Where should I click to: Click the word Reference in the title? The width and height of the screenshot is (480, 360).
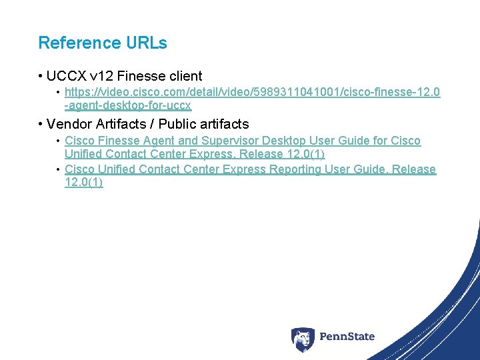click(70, 43)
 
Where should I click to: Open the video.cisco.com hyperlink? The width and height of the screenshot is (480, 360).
click(252, 92)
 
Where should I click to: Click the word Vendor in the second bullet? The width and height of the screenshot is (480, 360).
click(68, 124)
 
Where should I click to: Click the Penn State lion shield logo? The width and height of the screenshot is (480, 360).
click(303, 339)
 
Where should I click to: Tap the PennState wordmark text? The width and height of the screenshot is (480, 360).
click(347, 337)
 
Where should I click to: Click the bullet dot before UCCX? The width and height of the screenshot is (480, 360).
click(41, 77)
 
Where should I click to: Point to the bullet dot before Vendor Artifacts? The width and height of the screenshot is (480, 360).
click(41, 124)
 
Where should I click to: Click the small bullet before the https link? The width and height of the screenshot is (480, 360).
click(59, 92)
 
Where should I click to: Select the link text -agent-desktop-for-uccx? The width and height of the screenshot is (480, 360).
click(128, 105)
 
